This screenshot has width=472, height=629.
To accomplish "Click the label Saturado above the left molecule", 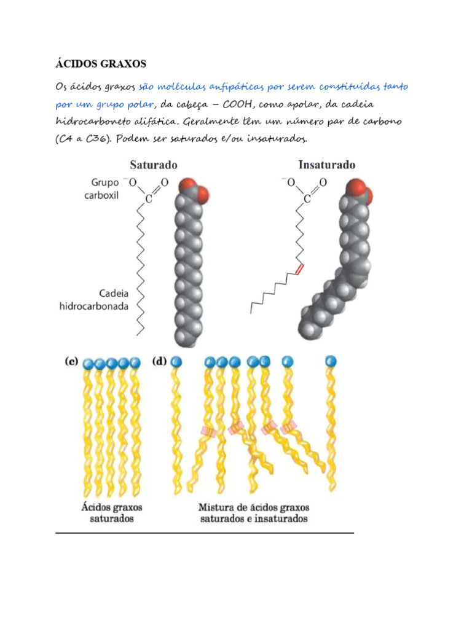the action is [x=153, y=165].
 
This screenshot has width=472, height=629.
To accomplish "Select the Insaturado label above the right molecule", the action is [x=326, y=165].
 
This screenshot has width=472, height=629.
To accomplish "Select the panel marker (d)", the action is [x=161, y=362].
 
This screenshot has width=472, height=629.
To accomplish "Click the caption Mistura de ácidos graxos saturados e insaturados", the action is [x=254, y=513].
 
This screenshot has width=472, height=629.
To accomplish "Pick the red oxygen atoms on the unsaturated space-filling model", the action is [x=361, y=190].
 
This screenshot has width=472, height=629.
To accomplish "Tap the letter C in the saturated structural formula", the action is [x=147, y=199].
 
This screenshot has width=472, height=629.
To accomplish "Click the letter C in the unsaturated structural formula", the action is [x=307, y=199].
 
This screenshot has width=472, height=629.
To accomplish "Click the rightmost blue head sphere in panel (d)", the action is [x=332, y=361].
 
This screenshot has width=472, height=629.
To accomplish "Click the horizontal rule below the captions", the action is [x=205, y=533].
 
